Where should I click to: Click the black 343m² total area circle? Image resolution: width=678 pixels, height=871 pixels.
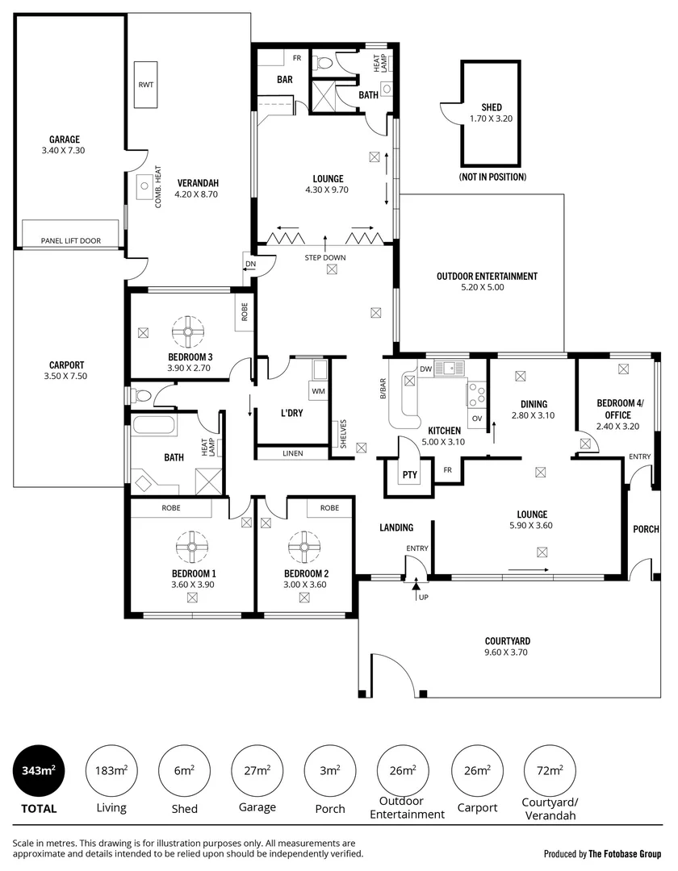(x=38, y=770)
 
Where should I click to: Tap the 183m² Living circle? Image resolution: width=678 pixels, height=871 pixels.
(x=111, y=770)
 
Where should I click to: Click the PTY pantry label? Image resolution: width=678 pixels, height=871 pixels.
(x=410, y=474)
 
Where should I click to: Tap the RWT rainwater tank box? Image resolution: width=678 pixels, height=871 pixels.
(x=145, y=85)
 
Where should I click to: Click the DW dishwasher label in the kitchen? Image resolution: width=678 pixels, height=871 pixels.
(x=425, y=369)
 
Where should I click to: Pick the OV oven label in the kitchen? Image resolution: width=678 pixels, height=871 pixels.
(x=476, y=418)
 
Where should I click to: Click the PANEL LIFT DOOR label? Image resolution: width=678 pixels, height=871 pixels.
(x=71, y=240)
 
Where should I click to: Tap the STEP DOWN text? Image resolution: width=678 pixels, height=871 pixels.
(x=325, y=258)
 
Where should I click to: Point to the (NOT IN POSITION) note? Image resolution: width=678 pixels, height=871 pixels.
(x=492, y=177)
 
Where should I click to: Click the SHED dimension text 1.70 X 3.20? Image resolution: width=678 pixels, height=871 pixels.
(x=492, y=119)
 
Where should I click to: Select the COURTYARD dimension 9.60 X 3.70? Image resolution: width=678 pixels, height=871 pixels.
(x=506, y=652)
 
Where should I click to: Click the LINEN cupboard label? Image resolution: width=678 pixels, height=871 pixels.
(x=293, y=453)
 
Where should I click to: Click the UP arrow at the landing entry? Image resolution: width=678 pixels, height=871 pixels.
(x=417, y=594)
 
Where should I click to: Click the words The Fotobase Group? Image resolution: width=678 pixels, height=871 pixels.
(x=624, y=853)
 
